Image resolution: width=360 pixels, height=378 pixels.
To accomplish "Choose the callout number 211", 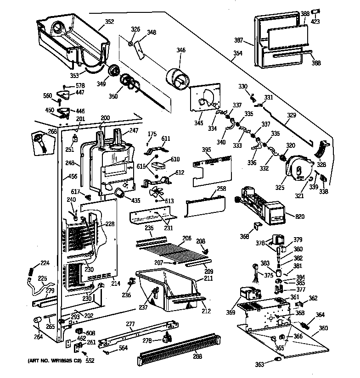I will tap(208, 278).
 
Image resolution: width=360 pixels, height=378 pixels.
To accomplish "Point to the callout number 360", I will tap(323, 328).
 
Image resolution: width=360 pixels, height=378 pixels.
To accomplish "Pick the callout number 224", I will tap(45, 263).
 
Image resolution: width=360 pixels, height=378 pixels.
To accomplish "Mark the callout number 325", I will tap(281, 186).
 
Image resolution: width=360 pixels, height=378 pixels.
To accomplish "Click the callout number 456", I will tap(73, 176).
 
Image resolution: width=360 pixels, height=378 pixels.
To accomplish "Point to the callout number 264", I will tap(39, 337).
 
